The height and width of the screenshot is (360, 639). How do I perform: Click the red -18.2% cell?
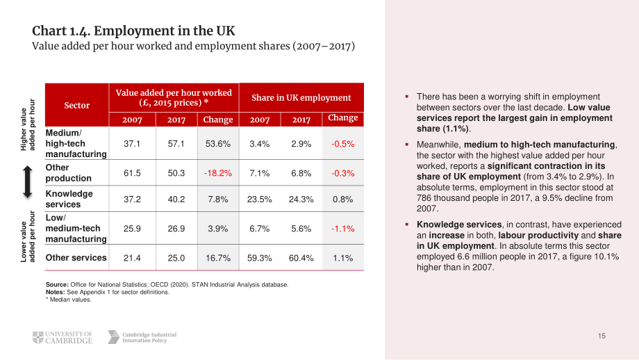click(x=218, y=173)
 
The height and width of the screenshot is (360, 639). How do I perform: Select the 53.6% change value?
click(x=218, y=144)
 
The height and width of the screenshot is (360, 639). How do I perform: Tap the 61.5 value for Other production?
click(x=132, y=173)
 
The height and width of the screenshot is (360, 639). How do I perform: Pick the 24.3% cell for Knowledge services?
click(x=301, y=199)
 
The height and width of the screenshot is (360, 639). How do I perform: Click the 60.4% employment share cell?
click(x=301, y=258)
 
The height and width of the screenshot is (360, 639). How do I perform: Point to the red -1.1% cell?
click(x=342, y=229)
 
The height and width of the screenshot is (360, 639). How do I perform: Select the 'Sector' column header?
click(x=77, y=105)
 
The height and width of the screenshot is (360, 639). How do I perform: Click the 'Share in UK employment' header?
click(x=301, y=97)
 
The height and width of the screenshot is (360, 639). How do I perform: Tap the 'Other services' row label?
click(x=76, y=258)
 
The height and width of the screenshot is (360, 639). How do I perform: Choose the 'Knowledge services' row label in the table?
click(x=69, y=199)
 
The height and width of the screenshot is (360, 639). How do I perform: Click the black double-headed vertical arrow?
click(x=27, y=182)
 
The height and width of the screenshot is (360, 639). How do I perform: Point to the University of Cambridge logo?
click(x=63, y=338)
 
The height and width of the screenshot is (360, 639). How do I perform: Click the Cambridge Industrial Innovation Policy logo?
click(x=142, y=337)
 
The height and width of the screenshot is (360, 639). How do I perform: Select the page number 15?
click(x=601, y=336)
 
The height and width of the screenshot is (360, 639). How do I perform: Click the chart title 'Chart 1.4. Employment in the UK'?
click(x=133, y=31)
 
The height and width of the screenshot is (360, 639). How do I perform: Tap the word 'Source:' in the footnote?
click(x=57, y=284)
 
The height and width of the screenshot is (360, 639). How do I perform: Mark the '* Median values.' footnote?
click(x=69, y=300)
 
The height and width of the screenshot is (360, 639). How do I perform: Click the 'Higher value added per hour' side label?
click(x=28, y=125)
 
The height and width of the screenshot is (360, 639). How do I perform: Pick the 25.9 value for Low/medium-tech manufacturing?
click(x=132, y=229)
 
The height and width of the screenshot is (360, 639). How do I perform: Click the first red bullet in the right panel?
click(x=407, y=97)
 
